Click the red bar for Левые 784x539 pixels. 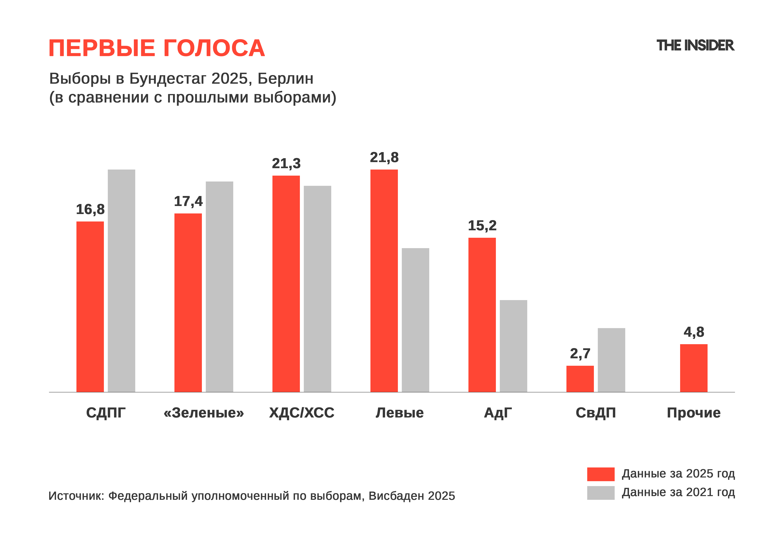[384, 280]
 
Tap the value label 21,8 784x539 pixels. [384, 157]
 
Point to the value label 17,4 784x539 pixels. [188, 201]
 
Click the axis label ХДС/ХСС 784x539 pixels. [301, 413]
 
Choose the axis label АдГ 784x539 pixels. [498, 413]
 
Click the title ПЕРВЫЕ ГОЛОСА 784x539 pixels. [157, 48]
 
